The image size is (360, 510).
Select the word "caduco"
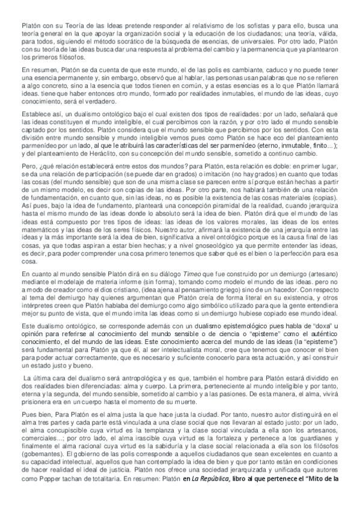click(262, 71)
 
